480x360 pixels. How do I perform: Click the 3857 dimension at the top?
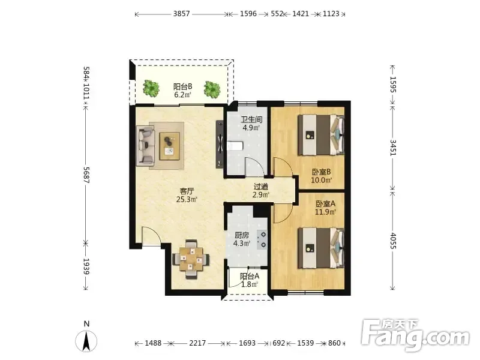[182, 14]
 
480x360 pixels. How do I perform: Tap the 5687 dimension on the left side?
[86, 175]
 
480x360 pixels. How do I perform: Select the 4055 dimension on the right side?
[393, 241]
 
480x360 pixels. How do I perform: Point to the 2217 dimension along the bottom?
[197, 343]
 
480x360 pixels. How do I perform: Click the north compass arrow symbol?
[86, 341]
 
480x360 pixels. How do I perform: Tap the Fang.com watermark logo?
[415, 335]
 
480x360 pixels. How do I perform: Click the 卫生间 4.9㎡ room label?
[251, 124]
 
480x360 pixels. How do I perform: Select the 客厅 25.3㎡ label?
[187, 196]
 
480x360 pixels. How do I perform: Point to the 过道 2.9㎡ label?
[261, 190]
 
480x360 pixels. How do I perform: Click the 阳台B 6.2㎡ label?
[183, 91]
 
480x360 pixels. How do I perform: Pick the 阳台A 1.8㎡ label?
[250, 280]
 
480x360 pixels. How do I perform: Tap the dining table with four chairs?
[191, 259]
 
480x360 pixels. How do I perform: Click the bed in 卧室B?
[321, 134]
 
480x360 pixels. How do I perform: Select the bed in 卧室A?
[321, 248]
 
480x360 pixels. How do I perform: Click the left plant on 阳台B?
[151, 88]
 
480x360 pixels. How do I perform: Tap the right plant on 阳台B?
[212, 89]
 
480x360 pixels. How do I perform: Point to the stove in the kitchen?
[262, 239]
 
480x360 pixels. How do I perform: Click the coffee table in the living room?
[169, 146]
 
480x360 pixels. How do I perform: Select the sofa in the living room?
[145, 145]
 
